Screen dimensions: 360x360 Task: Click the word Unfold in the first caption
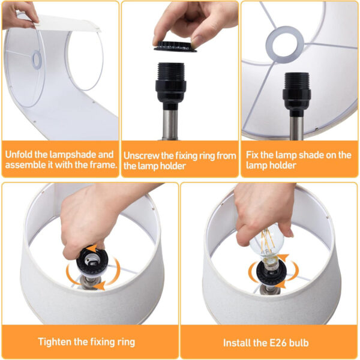tap(19, 154)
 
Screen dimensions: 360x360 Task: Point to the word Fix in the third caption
tap(252, 155)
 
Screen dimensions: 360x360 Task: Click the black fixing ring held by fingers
tap(175, 47)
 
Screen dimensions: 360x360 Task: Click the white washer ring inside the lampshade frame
tap(285, 44)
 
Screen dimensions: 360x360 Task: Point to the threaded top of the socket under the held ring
tap(171, 71)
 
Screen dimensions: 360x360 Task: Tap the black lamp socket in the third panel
tap(296, 94)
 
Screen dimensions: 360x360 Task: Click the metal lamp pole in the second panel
tap(170, 125)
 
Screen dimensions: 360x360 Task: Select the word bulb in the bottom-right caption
tap(299, 343)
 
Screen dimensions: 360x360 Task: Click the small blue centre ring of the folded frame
tap(37, 60)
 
